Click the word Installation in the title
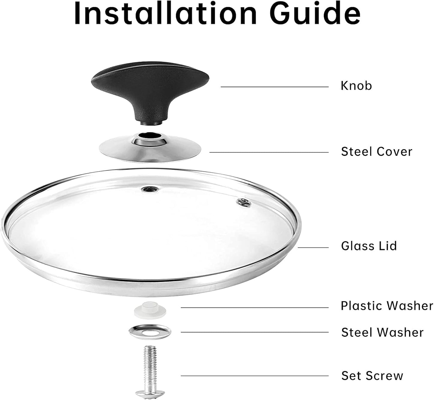click(165, 13)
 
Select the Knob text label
click(356, 86)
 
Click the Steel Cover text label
click(377, 152)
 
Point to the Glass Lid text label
click(369, 246)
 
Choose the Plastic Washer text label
click(387, 306)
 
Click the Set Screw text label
click(372, 376)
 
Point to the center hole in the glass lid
click(150, 190)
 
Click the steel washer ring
click(150, 332)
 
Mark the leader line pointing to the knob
click(275, 87)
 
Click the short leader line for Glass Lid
click(313, 247)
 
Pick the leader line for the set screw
click(255, 376)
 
